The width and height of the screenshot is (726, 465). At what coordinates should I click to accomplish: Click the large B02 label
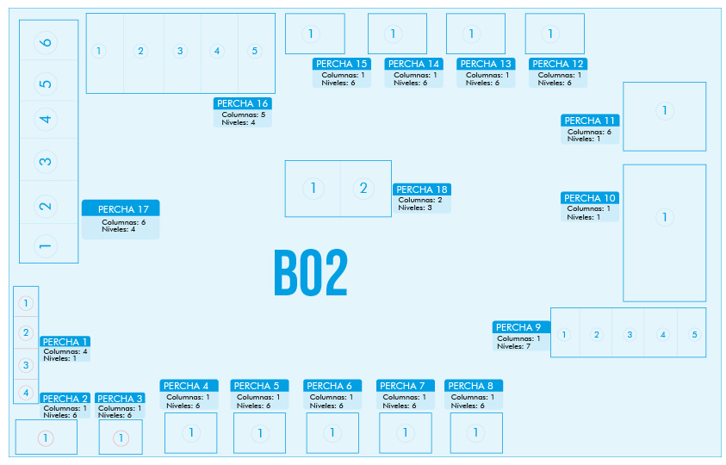[311, 273]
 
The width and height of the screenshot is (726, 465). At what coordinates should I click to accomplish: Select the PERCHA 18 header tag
[422, 189]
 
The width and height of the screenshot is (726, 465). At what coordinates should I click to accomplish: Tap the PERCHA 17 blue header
[121, 208]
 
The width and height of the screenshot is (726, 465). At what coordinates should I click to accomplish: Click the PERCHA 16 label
[243, 103]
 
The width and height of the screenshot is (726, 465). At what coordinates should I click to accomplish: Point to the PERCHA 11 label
[590, 121]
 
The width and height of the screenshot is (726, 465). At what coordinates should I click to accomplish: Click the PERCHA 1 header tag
[65, 342]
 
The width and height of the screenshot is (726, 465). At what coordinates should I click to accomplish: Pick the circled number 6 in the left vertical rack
[46, 42]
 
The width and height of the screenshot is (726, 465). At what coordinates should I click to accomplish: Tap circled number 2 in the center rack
[363, 189]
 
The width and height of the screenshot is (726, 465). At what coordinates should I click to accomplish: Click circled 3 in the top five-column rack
[180, 51]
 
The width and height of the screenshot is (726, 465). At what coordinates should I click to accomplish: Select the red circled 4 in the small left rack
[26, 393]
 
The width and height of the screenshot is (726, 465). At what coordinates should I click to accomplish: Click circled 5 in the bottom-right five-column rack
[694, 334]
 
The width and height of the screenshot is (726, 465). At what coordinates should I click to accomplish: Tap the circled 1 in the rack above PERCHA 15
[311, 34]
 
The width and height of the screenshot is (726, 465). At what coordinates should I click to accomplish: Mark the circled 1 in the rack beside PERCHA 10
[665, 217]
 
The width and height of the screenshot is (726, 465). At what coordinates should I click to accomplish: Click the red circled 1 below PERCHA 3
[121, 438]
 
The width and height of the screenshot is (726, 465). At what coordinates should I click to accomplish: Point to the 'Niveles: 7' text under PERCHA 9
[514, 346]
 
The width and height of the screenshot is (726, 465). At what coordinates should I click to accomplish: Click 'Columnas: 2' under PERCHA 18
[420, 200]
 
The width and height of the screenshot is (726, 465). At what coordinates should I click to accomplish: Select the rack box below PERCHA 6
[332, 433]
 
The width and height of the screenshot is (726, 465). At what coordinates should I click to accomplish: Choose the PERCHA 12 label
[558, 64]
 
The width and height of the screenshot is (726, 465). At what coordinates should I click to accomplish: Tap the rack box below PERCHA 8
[476, 433]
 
